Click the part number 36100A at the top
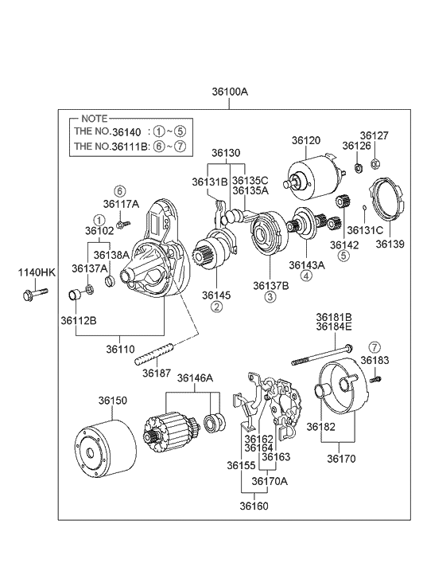(229, 92)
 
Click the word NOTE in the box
(95, 117)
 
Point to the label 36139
(390, 244)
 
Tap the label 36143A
(306, 265)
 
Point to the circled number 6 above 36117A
(120, 191)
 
